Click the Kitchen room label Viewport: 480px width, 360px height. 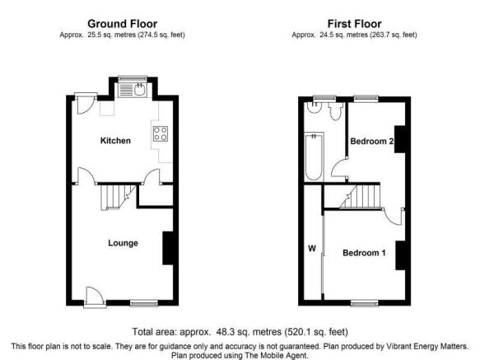[x=115, y=141]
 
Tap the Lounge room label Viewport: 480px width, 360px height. [x=123, y=243]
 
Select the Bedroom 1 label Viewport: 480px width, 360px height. [x=364, y=253]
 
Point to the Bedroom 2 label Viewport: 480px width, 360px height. [x=371, y=141]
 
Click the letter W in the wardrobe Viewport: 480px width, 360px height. [x=312, y=249]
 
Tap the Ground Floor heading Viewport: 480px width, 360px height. [x=122, y=24]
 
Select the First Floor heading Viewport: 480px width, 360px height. [x=355, y=24]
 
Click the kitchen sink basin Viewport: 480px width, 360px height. [x=140, y=89]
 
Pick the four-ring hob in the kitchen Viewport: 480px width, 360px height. [x=161, y=134]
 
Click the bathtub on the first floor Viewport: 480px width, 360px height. [x=314, y=157]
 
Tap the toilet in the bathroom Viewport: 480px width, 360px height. [x=336, y=111]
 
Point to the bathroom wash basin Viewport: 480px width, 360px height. [x=313, y=107]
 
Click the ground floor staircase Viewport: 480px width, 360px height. [x=118, y=197]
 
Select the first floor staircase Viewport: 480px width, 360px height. [x=361, y=196]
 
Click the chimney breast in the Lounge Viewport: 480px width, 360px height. [x=168, y=248]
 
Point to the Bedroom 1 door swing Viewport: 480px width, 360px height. [x=393, y=217]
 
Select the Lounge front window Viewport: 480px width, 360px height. [x=144, y=303]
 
